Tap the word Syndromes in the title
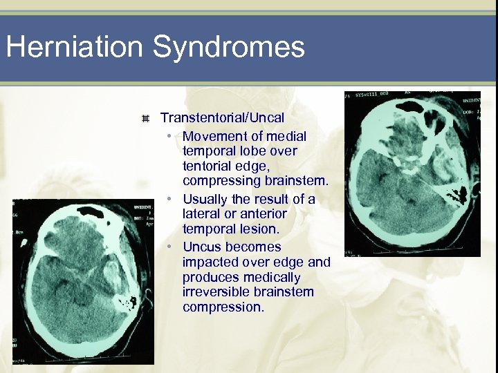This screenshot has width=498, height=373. [229, 48]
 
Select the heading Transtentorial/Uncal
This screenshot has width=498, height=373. [222, 118]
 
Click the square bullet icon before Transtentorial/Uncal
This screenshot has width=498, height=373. [145, 119]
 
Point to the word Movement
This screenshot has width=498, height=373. [214, 136]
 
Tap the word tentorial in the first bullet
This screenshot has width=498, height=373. [207, 166]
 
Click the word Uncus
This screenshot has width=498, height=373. [202, 247]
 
